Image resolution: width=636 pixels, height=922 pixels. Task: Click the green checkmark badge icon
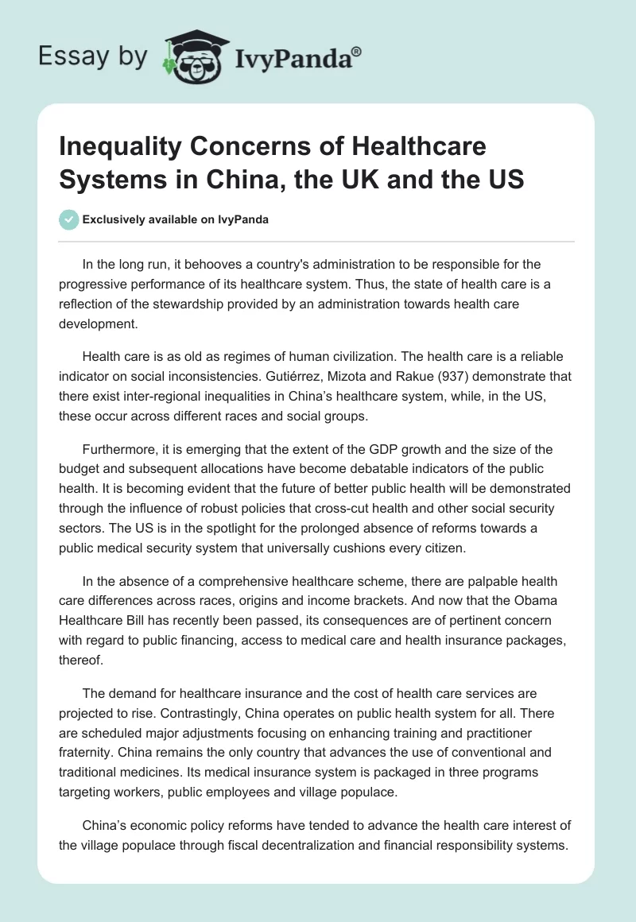(69, 219)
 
